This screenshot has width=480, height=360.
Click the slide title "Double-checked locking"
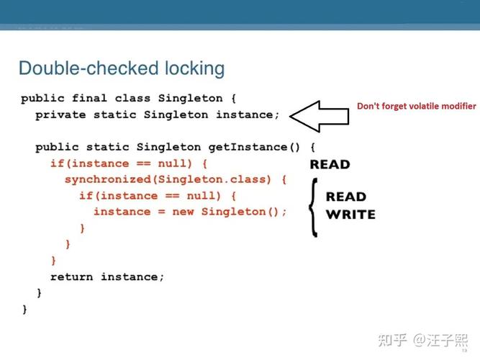tap(121, 68)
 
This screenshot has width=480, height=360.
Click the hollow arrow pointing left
tap(319, 117)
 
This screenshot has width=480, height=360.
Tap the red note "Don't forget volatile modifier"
tap(417, 106)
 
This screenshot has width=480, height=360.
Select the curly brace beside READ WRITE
tap(312, 206)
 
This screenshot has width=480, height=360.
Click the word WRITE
tap(350, 215)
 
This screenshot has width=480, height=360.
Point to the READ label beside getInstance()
tap(330, 164)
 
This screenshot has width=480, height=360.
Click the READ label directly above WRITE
tap(346, 197)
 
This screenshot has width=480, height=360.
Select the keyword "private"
tap(60, 114)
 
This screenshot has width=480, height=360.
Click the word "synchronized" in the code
tap(104, 179)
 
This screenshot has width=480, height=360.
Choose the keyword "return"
tap(71, 276)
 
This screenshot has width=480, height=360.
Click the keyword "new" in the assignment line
tap(183, 212)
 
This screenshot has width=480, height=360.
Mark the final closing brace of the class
tap(24, 309)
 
